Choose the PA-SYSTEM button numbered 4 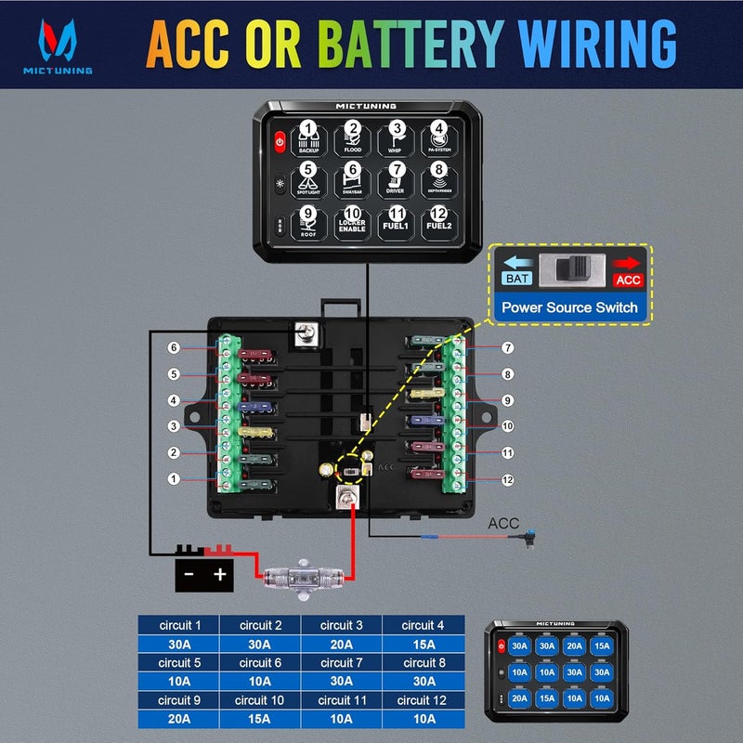(438, 137)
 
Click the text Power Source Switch (568, 307)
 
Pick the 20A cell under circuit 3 (340, 644)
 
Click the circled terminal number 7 (508, 348)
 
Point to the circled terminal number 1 (173, 479)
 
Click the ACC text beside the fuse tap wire (504, 524)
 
